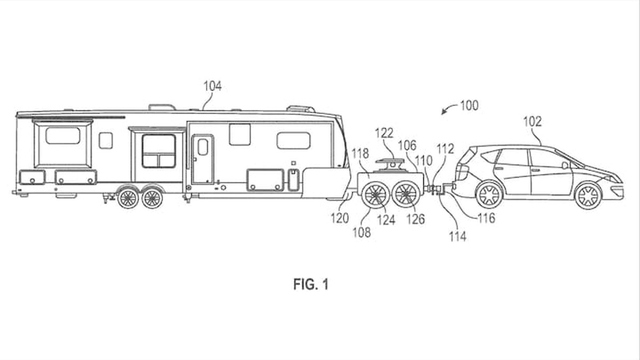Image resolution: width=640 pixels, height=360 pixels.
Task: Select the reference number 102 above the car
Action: tap(532, 122)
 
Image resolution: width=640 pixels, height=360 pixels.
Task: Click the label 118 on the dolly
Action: tap(360, 154)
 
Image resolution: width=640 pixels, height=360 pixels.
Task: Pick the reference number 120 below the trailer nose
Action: tap(340, 218)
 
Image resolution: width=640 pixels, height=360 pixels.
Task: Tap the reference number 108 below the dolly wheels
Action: tap(362, 233)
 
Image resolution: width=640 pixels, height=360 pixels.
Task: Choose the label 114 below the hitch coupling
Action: tap(457, 236)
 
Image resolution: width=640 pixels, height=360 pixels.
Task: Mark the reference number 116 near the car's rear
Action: tap(486, 218)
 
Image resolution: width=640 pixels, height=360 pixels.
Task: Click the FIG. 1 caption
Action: tap(311, 285)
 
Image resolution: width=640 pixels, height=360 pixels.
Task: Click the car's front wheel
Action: tap(588, 196)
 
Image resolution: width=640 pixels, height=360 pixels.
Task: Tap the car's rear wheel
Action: tap(489, 195)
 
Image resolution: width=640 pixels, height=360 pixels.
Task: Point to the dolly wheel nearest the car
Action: tap(406, 195)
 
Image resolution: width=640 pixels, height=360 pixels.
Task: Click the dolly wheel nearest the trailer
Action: tap(375, 195)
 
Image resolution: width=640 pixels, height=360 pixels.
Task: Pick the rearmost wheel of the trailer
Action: tap(128, 198)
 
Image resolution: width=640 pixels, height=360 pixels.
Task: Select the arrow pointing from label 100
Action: tap(448, 110)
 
